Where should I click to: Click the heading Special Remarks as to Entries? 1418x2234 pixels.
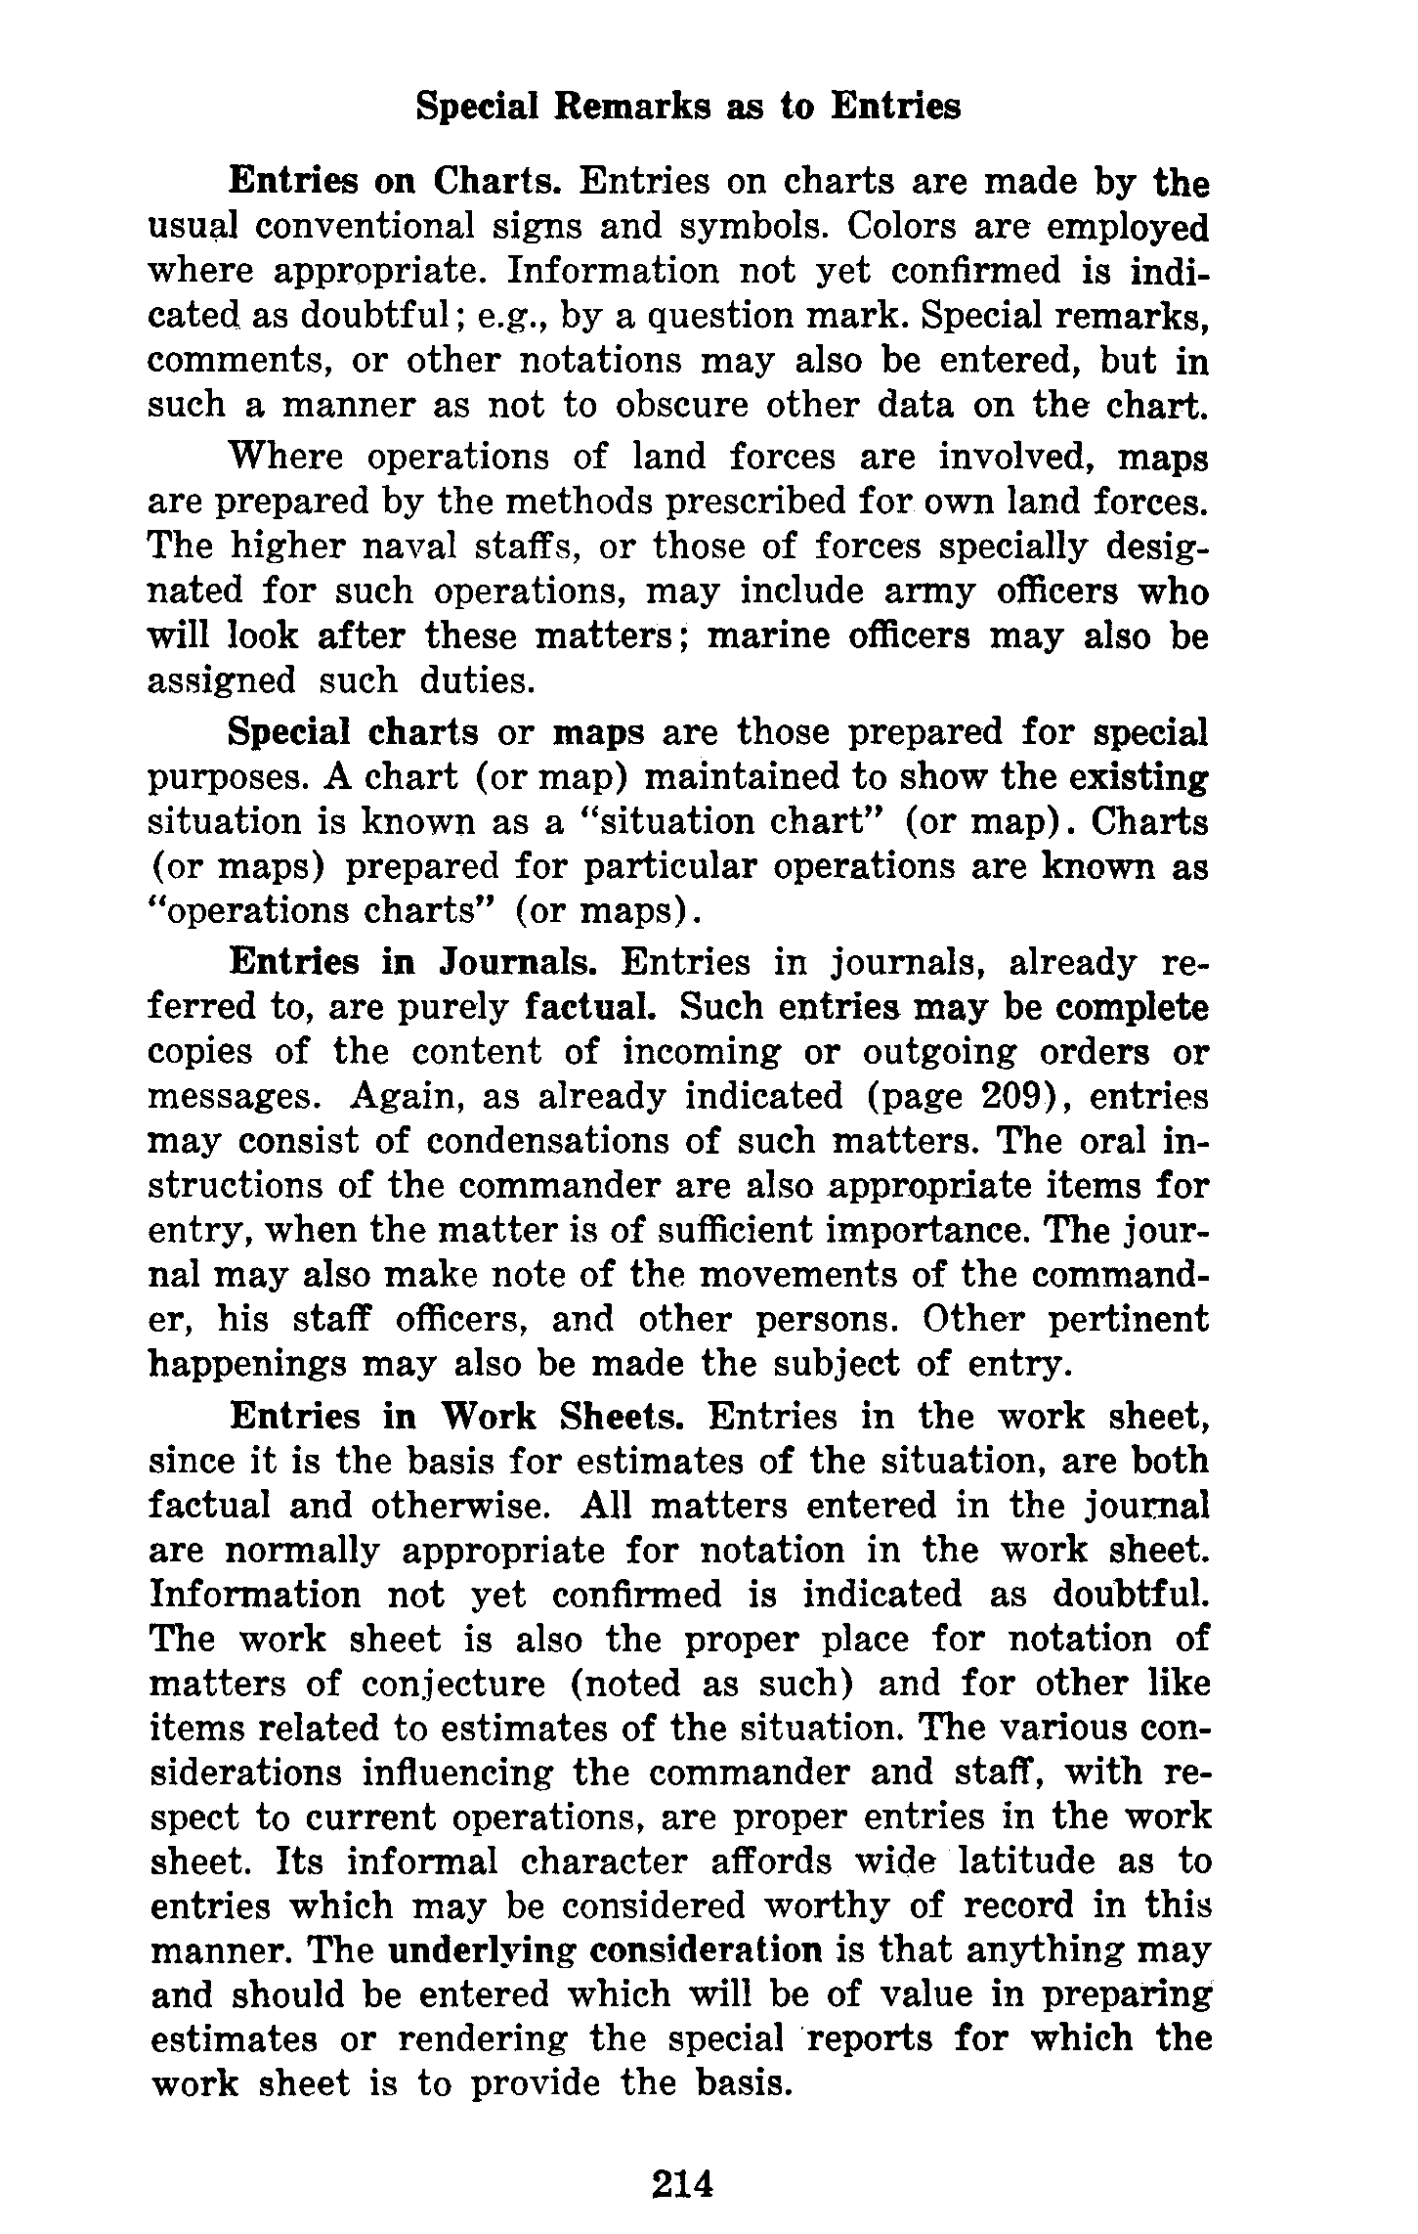point(688,107)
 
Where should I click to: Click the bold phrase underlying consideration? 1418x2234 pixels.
point(606,1950)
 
